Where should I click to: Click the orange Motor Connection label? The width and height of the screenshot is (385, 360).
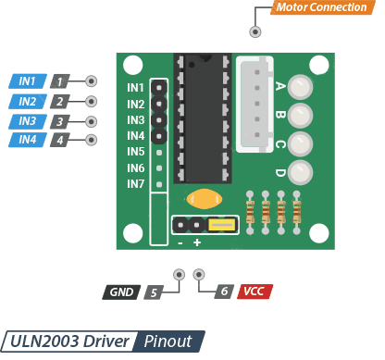tap(323, 7)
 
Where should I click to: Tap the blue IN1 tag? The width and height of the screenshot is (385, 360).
tap(28, 81)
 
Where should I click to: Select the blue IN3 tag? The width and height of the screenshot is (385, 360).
tap(28, 121)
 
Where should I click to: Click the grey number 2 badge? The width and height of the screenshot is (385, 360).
tap(60, 102)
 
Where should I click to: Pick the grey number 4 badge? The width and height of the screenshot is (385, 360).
tap(60, 140)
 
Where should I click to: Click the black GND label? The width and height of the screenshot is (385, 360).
tap(121, 292)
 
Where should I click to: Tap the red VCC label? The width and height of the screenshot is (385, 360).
tap(255, 292)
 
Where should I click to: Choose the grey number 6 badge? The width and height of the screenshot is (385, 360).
tap(224, 292)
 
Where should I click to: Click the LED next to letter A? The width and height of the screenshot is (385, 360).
tap(300, 87)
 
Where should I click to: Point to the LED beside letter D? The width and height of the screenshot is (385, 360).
tap(300, 172)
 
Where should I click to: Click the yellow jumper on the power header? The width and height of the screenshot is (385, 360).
tap(222, 225)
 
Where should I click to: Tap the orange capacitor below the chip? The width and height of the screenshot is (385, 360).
tap(205, 199)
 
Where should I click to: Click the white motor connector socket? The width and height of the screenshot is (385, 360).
tap(255, 105)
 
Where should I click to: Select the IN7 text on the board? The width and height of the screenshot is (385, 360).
tap(136, 184)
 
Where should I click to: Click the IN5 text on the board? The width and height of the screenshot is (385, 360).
tap(136, 152)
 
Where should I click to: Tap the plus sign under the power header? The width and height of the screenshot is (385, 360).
tap(197, 242)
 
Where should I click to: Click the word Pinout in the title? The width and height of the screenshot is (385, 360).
tap(168, 341)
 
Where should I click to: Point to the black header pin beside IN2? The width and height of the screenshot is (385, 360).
tap(159, 104)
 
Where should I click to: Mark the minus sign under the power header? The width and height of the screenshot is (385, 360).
tap(180, 243)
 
